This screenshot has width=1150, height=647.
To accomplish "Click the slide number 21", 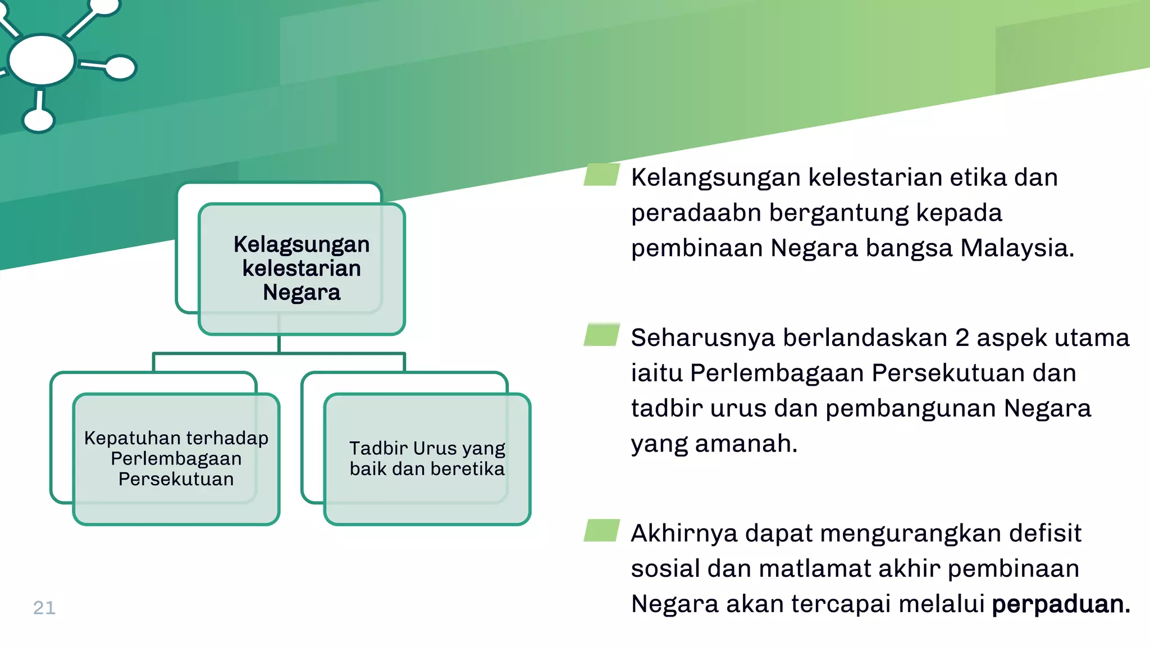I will pyautogui.click(x=44, y=608).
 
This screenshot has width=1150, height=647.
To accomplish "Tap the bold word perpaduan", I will pyautogui.click(x=1060, y=604).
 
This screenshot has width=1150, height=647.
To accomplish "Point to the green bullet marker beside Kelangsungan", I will pyautogui.click(x=601, y=175).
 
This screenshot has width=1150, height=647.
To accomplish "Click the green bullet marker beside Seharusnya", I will pyautogui.click(x=601, y=335).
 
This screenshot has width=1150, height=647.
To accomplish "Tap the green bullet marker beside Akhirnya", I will pyautogui.click(x=601, y=530).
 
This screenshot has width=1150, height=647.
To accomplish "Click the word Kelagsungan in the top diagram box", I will pyautogui.click(x=302, y=245).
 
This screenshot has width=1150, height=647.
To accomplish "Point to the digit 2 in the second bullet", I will pyautogui.click(x=962, y=338).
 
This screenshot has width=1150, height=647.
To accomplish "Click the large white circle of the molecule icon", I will pyautogui.click(x=42, y=60).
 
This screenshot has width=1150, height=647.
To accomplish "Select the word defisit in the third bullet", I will pyautogui.click(x=1045, y=533).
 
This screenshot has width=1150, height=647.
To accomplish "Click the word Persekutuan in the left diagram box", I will pyautogui.click(x=176, y=479).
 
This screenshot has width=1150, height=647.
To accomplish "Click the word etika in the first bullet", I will pyautogui.click(x=978, y=177).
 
